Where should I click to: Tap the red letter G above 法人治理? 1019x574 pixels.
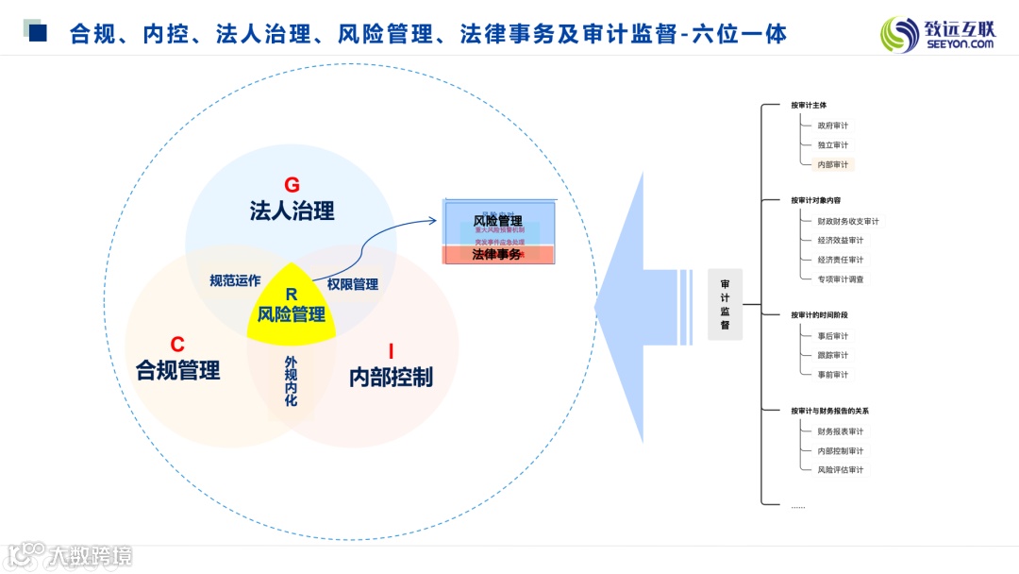pyautogui.click(x=292, y=185)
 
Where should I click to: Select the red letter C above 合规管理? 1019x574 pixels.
pyautogui.click(x=177, y=345)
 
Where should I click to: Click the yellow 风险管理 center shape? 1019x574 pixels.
pyautogui.click(x=292, y=308)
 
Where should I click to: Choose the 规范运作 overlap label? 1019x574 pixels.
pyautogui.click(x=235, y=280)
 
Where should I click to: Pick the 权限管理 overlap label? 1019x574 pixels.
pyautogui.click(x=353, y=284)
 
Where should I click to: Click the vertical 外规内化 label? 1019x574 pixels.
pyautogui.click(x=291, y=381)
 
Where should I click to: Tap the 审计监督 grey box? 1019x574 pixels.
pyautogui.click(x=725, y=304)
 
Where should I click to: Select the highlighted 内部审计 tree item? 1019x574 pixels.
pyautogui.click(x=833, y=164)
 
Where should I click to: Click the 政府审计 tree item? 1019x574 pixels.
pyautogui.click(x=833, y=125)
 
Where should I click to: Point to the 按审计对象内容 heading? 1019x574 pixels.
pyautogui.click(x=816, y=200)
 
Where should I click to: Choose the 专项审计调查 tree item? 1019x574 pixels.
pyautogui.click(x=841, y=279)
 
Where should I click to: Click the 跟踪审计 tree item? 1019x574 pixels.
pyautogui.click(x=833, y=355)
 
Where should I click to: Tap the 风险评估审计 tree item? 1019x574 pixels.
pyautogui.click(x=841, y=469)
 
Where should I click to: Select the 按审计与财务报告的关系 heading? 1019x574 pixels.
pyautogui.click(x=830, y=411)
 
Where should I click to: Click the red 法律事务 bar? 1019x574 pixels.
pyautogui.click(x=498, y=255)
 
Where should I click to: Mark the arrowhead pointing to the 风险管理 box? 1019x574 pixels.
pyautogui.click(x=433, y=220)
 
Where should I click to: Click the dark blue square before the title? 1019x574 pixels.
pyautogui.click(x=39, y=34)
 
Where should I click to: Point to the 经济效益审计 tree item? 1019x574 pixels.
pyautogui.click(x=841, y=240)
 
